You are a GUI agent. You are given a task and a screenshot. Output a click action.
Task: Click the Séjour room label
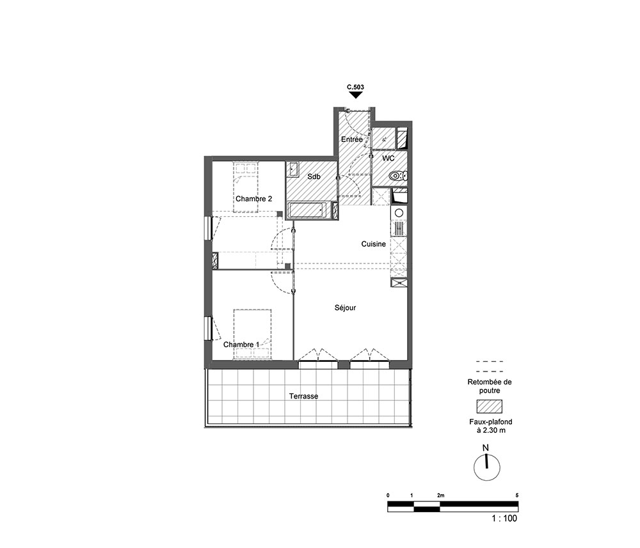345,308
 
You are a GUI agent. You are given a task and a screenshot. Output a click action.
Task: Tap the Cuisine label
373,244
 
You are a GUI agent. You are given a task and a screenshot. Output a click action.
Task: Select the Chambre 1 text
241,345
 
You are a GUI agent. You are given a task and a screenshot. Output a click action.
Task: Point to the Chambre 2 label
253,199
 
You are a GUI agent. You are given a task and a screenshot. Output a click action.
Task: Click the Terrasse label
303,396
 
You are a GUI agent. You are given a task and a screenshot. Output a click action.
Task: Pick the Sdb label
314,176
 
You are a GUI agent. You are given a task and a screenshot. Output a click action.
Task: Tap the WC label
388,158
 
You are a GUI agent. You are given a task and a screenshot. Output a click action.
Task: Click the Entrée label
351,139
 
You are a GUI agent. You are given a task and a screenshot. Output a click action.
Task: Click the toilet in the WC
398,176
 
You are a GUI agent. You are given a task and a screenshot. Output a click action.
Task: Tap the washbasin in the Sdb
292,169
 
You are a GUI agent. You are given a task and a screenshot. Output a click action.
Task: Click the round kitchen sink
399,212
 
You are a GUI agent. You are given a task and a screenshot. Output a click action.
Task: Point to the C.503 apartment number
355,87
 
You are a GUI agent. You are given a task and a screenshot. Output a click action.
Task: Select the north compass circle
486,467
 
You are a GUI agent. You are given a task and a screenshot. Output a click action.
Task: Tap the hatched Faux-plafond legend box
489,407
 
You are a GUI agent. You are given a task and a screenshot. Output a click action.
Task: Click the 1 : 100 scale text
504,518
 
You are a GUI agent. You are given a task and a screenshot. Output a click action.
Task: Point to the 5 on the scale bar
516,496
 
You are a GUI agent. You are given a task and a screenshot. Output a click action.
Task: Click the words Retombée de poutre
490,386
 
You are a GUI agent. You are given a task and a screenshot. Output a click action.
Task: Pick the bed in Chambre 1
252,334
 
